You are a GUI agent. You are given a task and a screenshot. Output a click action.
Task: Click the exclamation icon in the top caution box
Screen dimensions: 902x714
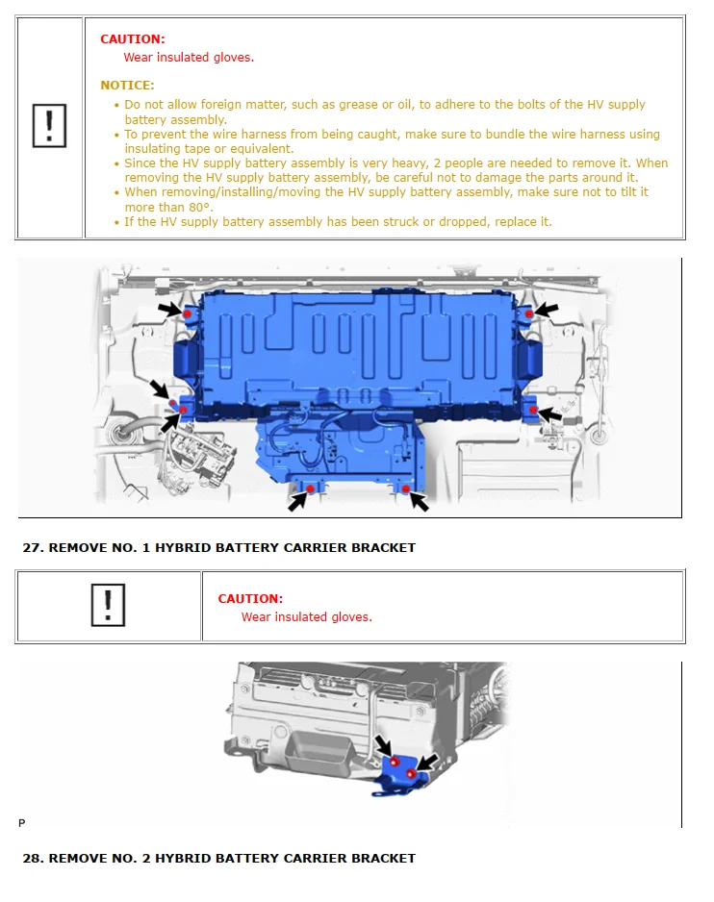(x=48, y=127)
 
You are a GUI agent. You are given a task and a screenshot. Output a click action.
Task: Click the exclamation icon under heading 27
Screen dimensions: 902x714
(x=108, y=606)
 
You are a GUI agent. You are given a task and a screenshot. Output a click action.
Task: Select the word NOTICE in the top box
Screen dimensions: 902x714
(x=127, y=86)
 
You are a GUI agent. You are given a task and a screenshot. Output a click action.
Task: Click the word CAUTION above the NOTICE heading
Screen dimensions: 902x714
(x=133, y=39)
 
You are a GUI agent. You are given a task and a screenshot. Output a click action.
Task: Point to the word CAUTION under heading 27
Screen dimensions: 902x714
(x=250, y=598)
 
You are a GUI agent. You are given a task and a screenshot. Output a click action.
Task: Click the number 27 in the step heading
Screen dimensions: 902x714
(x=32, y=547)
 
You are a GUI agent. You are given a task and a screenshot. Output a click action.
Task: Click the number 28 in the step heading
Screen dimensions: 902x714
(x=32, y=858)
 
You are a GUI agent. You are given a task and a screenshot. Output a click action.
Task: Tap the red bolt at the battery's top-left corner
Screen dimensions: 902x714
(x=189, y=315)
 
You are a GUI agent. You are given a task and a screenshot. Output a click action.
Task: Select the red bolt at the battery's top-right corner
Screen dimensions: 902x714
(x=528, y=314)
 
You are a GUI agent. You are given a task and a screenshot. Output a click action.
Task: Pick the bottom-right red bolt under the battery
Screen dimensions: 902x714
(x=406, y=489)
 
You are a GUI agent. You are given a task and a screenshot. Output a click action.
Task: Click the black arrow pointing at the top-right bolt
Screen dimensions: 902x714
(x=546, y=310)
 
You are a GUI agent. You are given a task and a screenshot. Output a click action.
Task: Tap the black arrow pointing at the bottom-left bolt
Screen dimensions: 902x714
(x=297, y=501)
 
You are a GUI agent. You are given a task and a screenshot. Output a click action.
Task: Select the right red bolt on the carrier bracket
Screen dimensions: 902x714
(x=411, y=772)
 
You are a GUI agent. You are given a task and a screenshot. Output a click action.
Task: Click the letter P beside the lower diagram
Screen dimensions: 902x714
(x=21, y=823)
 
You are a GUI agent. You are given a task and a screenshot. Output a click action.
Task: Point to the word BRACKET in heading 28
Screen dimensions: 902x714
(x=383, y=858)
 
